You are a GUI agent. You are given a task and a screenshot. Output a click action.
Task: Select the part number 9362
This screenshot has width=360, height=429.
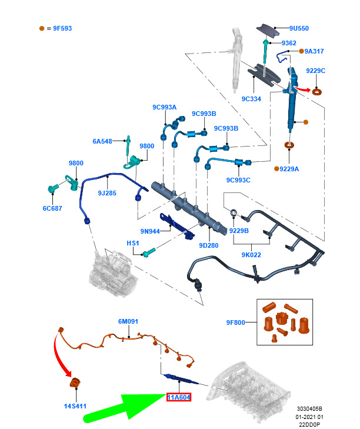tap(289, 43)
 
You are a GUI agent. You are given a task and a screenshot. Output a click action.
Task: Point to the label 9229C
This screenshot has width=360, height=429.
tap(315, 71)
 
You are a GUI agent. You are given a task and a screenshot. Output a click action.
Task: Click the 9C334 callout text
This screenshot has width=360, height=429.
tap(251, 99)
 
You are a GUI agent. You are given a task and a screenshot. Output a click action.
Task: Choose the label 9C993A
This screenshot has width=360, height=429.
tap(164, 107)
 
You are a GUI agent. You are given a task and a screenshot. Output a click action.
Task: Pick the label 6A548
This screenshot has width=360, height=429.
tap(102, 141)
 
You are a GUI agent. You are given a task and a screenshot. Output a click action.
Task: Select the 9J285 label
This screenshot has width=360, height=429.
tap(107, 192)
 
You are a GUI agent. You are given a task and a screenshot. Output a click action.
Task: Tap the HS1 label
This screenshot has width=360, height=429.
tap(133, 243)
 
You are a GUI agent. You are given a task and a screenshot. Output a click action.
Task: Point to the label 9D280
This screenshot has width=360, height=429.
tap(209, 245)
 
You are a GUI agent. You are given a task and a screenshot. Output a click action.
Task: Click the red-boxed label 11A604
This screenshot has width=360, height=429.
tap(178, 398)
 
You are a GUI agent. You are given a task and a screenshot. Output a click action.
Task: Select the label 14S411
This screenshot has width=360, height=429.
tap(75, 405)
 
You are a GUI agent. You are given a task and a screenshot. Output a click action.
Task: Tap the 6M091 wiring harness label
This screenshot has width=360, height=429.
tap(128, 321)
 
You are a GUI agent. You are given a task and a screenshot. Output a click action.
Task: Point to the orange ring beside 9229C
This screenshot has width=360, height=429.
tap(318, 91)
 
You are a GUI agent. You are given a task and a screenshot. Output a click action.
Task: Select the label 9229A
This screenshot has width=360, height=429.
tap(289, 169)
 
